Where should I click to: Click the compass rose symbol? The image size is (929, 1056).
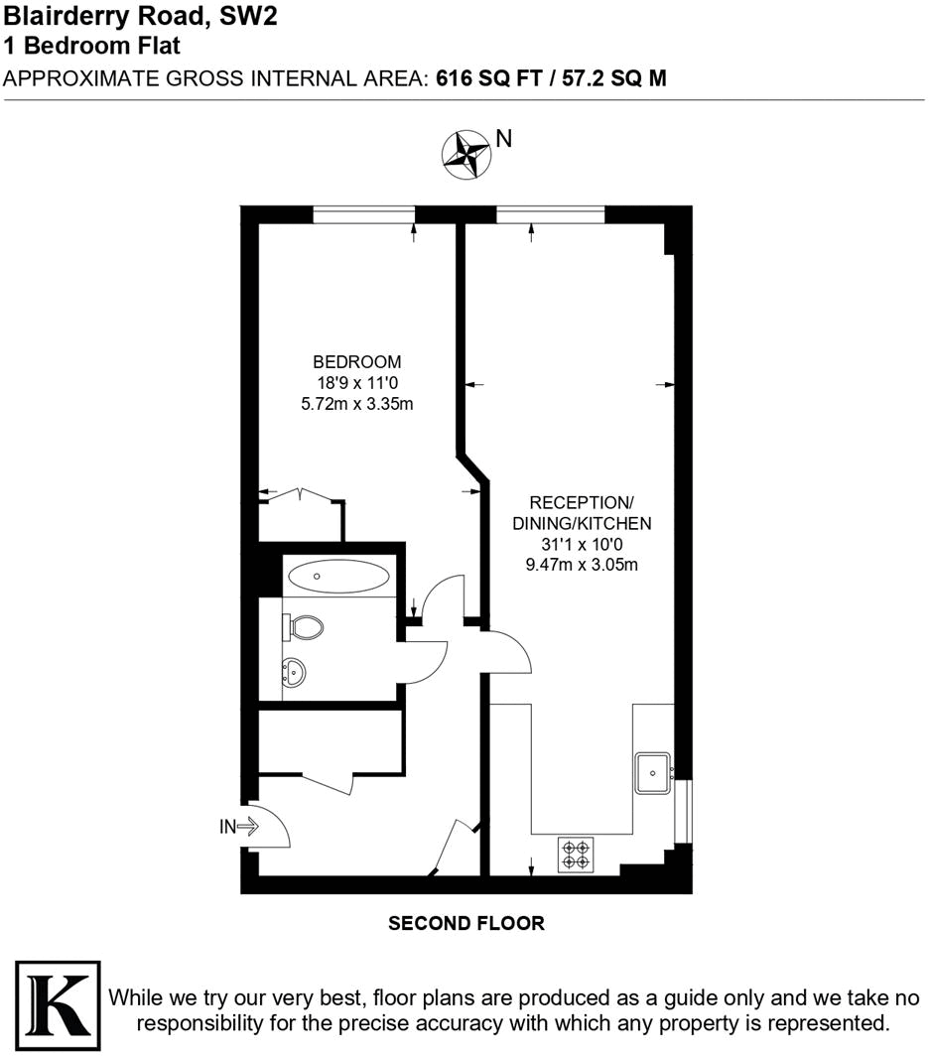(x=464, y=153)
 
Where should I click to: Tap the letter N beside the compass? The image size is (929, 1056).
(x=504, y=139)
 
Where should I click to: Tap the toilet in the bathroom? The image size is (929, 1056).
(x=306, y=626)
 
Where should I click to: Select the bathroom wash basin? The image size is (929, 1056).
(x=295, y=673)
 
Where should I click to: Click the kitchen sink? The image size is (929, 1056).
(x=654, y=769)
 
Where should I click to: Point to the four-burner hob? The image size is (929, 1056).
(x=576, y=856)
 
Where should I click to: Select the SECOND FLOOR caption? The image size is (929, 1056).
(x=465, y=924)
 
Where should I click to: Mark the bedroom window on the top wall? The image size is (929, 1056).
(x=363, y=214)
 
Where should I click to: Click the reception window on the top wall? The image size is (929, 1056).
(x=550, y=214)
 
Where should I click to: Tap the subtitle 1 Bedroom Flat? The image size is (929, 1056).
(x=91, y=46)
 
